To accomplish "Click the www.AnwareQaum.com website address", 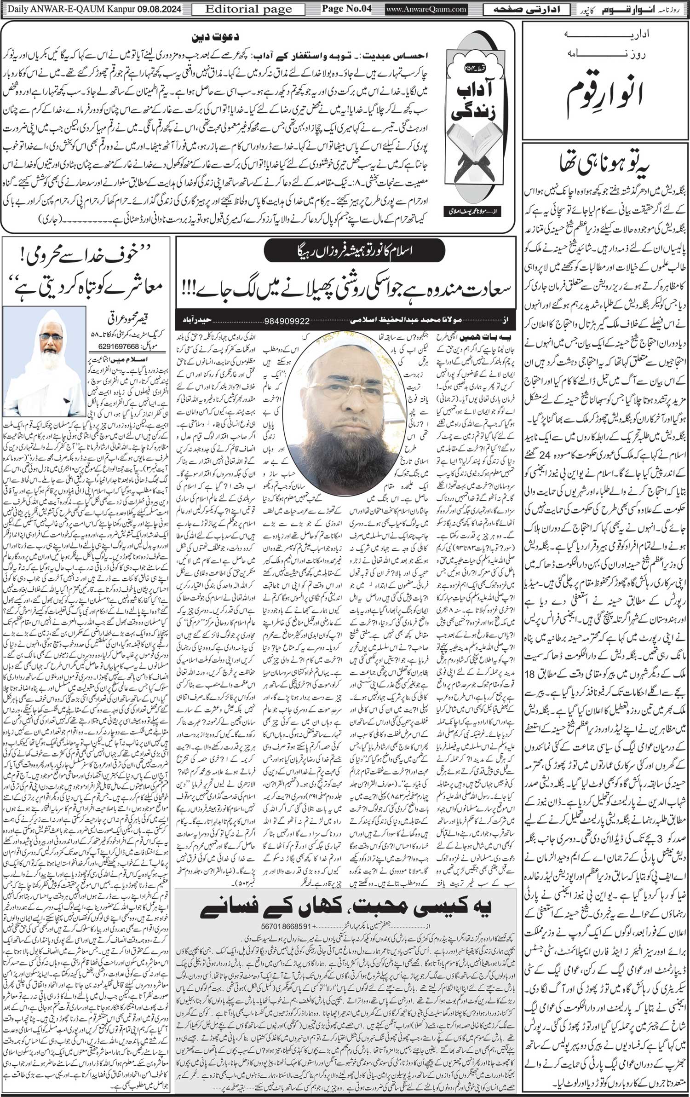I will coord(426,9).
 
